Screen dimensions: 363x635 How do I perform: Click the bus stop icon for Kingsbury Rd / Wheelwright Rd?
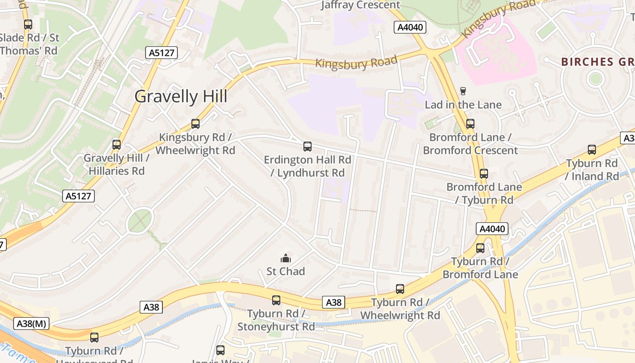point(195,123)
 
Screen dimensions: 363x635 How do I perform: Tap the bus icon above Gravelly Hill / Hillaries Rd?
point(117,145)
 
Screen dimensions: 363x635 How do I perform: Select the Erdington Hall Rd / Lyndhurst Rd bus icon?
point(308,146)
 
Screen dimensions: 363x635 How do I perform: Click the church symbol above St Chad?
point(285,258)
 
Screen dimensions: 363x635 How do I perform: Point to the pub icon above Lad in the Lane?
point(463,91)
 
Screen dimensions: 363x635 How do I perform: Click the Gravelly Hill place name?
point(181,97)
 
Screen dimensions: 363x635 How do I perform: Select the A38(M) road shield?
point(31,324)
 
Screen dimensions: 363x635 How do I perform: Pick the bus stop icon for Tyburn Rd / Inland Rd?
point(592,149)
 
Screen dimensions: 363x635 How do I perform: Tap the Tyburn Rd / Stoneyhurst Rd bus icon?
point(276,300)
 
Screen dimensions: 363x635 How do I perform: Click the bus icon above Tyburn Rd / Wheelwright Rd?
point(400,289)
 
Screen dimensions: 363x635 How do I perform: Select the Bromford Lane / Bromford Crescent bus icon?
point(470,123)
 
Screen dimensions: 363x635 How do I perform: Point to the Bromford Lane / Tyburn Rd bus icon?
point(484,173)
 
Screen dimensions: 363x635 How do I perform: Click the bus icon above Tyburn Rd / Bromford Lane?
point(480,248)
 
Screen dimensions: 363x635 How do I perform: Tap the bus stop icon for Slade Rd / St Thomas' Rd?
point(28,25)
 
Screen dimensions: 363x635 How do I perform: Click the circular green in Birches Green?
point(595,79)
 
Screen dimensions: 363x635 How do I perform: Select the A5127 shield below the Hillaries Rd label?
point(78,196)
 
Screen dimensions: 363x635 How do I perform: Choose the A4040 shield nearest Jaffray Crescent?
point(410,27)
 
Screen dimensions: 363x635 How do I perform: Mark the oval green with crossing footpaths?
point(140,221)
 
